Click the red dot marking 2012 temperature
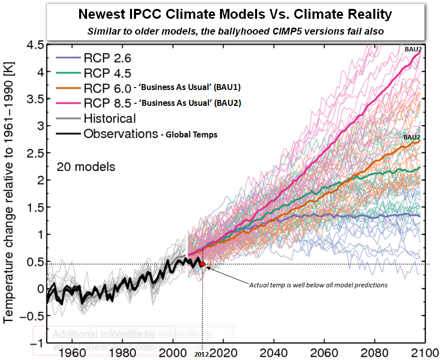[202, 264]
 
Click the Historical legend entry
[109, 119]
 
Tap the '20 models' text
[86, 167]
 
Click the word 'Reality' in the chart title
[363, 14]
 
